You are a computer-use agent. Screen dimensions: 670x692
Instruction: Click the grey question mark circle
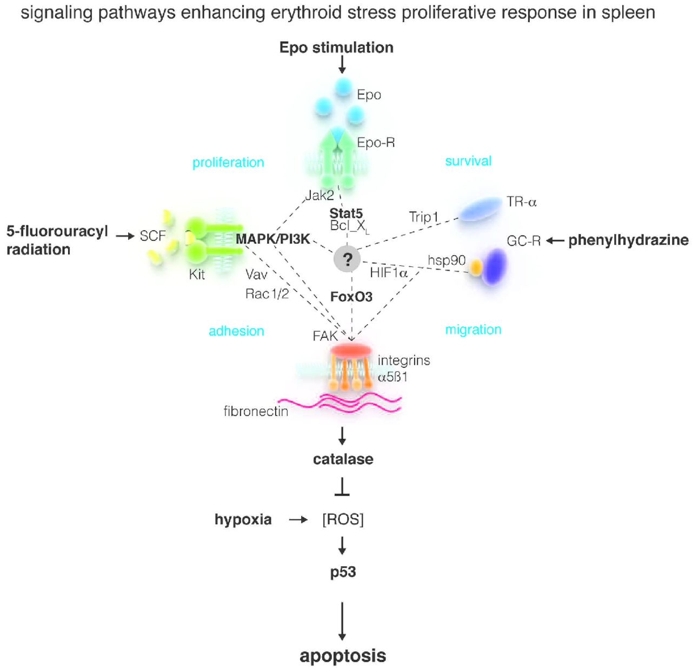347,260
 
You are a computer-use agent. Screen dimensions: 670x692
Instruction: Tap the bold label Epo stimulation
336,48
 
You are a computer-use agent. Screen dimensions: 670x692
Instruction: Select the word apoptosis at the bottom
343,655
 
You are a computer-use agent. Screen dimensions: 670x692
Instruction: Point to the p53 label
343,572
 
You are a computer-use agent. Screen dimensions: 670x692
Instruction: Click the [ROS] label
343,519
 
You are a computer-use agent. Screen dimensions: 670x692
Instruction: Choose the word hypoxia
243,519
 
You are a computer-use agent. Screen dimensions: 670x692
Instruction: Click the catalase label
343,459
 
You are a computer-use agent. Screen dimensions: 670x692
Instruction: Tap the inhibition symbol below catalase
342,488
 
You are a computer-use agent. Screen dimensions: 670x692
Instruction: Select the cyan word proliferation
228,162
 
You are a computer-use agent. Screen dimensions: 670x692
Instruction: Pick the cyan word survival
468,161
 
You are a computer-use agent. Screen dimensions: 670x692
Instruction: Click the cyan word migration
473,330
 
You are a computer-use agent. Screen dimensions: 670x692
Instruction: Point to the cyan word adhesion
236,331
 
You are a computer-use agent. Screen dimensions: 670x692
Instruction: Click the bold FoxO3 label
351,297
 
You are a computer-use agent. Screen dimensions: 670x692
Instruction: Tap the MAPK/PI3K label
272,239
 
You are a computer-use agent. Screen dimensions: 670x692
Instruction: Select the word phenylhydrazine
628,240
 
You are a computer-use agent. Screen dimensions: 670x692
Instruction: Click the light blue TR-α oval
480,209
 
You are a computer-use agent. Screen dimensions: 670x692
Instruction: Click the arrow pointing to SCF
125,236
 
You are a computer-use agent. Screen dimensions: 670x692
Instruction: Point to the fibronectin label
256,411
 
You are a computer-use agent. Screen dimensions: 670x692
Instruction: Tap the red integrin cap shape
350,350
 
